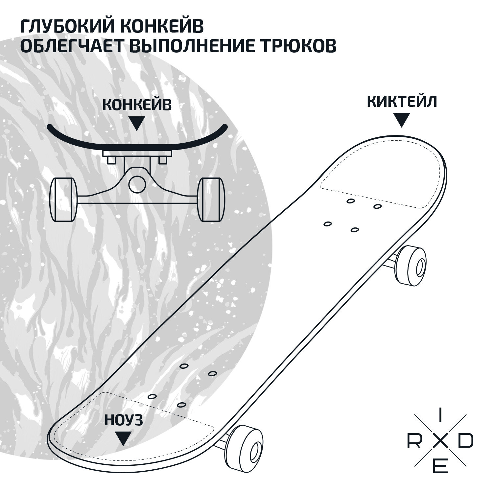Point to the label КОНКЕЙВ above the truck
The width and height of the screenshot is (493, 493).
click(137, 105)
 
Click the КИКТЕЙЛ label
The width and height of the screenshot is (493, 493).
click(402, 102)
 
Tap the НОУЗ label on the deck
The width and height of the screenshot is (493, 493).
click(124, 420)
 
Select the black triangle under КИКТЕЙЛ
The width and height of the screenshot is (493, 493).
click(402, 120)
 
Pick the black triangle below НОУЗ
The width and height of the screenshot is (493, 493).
click(123, 438)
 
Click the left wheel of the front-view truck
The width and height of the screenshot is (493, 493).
click(63, 199)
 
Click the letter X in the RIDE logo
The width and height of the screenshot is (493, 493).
click(440, 443)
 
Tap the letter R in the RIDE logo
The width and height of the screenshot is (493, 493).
click(414, 442)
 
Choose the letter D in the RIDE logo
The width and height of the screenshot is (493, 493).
click(466, 442)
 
